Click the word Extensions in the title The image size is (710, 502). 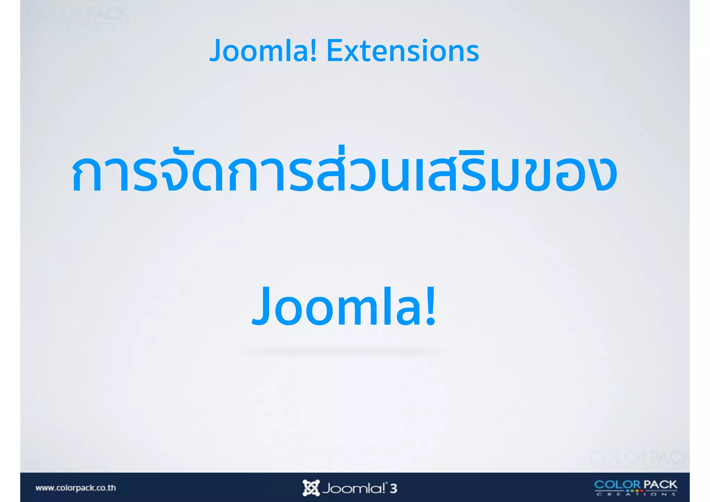(x=402, y=51)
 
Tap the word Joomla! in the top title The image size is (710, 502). (x=263, y=51)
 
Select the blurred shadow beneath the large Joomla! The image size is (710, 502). (x=344, y=351)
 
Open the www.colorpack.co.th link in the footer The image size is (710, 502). (x=76, y=488)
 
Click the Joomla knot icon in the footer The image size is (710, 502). (x=311, y=488)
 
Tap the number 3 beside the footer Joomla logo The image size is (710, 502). (x=393, y=488)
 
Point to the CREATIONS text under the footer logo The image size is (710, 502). (x=636, y=494)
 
